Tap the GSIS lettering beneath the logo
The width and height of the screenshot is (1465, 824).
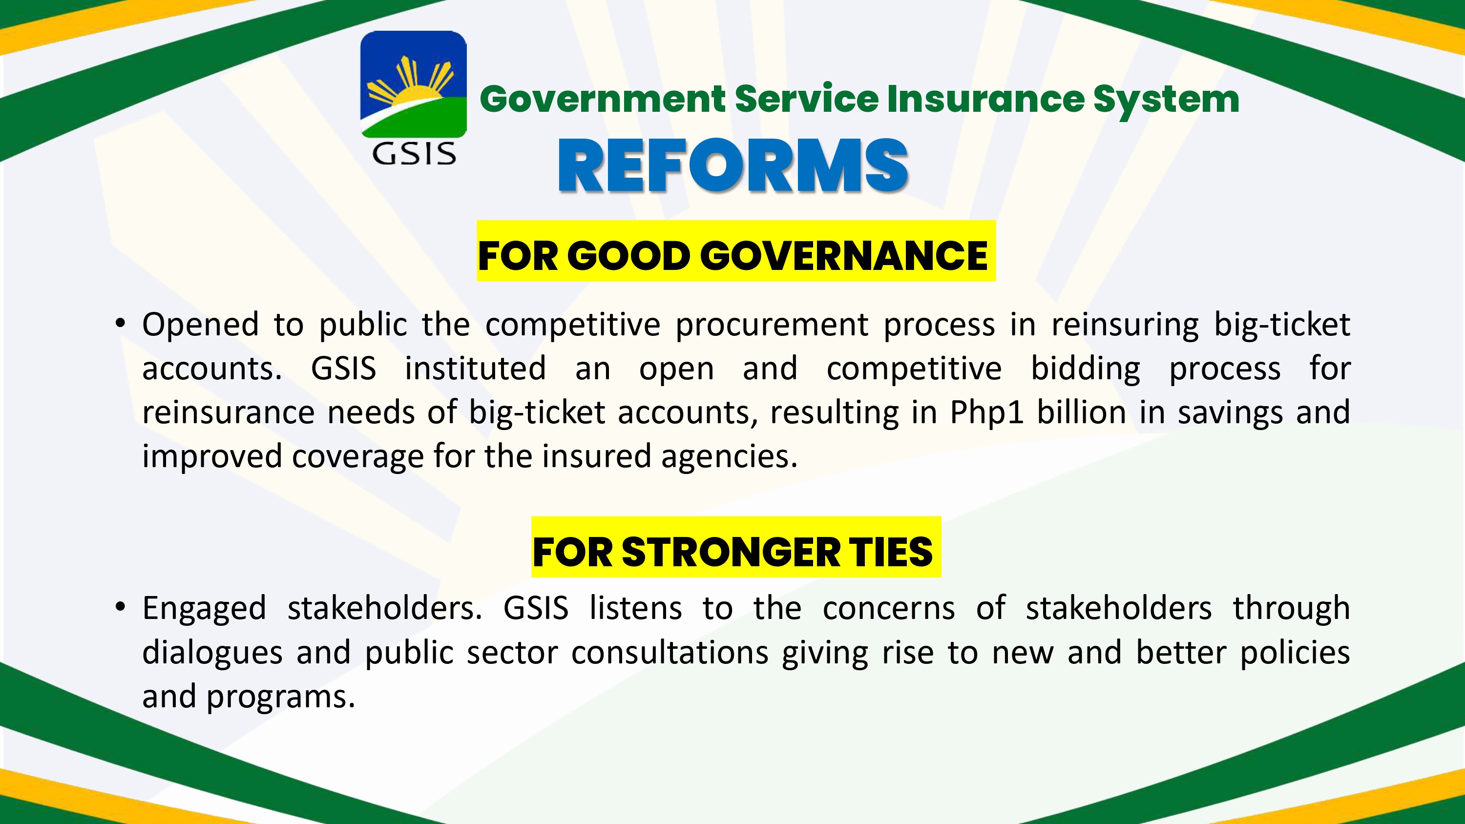[x=414, y=154]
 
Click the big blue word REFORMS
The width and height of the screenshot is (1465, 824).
[x=732, y=165]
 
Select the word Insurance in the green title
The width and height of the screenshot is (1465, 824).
[x=985, y=99]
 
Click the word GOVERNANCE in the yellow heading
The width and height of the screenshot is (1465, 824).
[x=844, y=255]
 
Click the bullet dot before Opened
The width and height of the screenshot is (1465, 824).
[x=120, y=324]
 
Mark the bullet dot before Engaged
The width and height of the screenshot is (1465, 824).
[x=120, y=607]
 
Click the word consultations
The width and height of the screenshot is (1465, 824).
[x=670, y=652]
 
